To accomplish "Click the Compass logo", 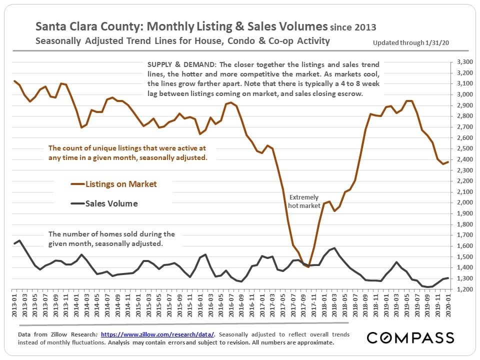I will (410, 337).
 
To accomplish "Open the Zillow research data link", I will (158, 334).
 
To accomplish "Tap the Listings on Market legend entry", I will (121, 184).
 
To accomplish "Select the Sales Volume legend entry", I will (111, 203).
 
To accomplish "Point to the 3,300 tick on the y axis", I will (465, 62).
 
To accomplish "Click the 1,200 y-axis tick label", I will (465, 289).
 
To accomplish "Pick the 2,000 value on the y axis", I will (465, 202).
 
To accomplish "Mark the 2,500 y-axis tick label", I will (465, 148).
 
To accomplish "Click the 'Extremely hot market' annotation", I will (303, 201).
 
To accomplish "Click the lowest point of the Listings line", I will (308, 266).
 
